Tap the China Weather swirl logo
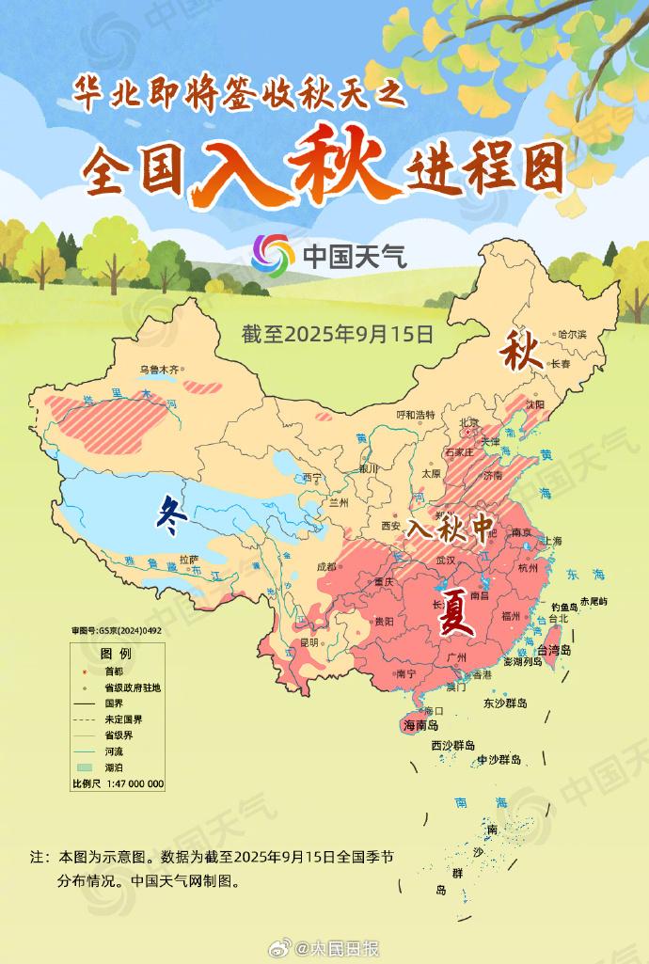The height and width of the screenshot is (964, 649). click(274, 254)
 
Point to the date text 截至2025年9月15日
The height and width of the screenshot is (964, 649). click(337, 333)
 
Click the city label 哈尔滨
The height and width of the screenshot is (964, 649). click(571, 334)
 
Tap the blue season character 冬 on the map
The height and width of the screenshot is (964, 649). click(169, 514)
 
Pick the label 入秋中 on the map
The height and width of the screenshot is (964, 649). click(450, 529)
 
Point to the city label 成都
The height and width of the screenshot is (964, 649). click(327, 566)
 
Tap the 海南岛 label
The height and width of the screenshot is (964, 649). click(420, 725)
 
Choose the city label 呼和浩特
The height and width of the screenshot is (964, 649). click(416, 415)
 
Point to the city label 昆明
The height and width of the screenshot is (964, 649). click(309, 643)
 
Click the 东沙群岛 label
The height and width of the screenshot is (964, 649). click(505, 703)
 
